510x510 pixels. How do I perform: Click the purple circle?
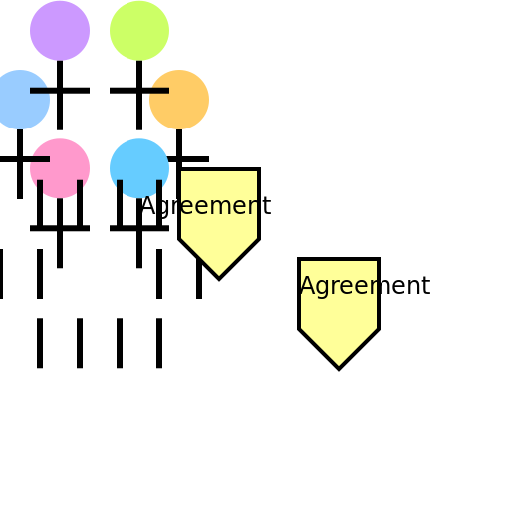coord(60,31)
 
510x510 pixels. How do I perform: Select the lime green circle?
coord(139,31)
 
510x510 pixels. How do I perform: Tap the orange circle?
coord(179,100)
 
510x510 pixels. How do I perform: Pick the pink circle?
coord(60,168)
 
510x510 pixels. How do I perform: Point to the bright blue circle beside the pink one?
coord(139,168)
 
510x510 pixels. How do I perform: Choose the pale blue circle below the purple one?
coord(20,100)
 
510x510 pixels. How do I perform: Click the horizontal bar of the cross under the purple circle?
coord(60,91)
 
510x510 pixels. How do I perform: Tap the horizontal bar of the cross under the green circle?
coord(139,91)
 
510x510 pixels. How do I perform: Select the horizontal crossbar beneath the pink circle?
coord(60,228)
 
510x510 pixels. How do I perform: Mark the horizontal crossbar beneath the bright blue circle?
coord(139,228)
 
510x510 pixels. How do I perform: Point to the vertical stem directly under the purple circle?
coord(60,96)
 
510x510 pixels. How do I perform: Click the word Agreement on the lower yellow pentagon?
coord(366,286)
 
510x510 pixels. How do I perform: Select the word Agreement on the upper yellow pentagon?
coord(206,206)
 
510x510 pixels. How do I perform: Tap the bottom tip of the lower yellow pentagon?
coord(339,369)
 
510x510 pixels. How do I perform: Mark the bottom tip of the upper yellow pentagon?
coord(219,279)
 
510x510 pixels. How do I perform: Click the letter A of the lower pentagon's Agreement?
coord(307,285)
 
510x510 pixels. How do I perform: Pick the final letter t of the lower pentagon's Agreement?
coord(426,285)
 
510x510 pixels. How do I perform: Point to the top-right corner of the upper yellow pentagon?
coord(259,169)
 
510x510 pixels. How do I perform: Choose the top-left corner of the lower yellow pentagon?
coord(299,259)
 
